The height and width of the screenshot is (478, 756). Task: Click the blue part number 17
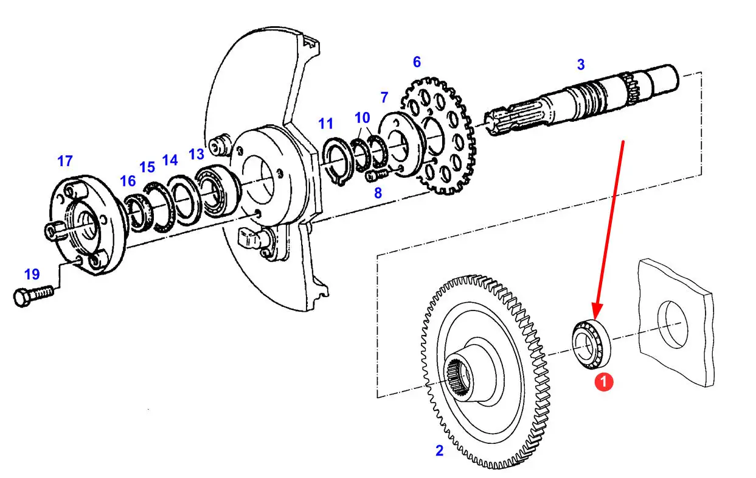[65, 161]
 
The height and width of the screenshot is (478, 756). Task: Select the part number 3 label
[581, 65]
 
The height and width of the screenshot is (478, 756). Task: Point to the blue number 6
[417, 62]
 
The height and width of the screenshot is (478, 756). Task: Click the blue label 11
[325, 124]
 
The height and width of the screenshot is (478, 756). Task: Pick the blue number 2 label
[439, 451]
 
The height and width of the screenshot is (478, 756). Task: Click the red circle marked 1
[603, 382]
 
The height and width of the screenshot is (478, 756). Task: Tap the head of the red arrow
[597, 313]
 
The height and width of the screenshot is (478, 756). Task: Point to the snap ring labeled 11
[334, 160]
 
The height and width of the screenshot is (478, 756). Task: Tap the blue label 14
[170, 161]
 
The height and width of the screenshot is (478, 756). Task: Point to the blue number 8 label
[378, 194]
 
